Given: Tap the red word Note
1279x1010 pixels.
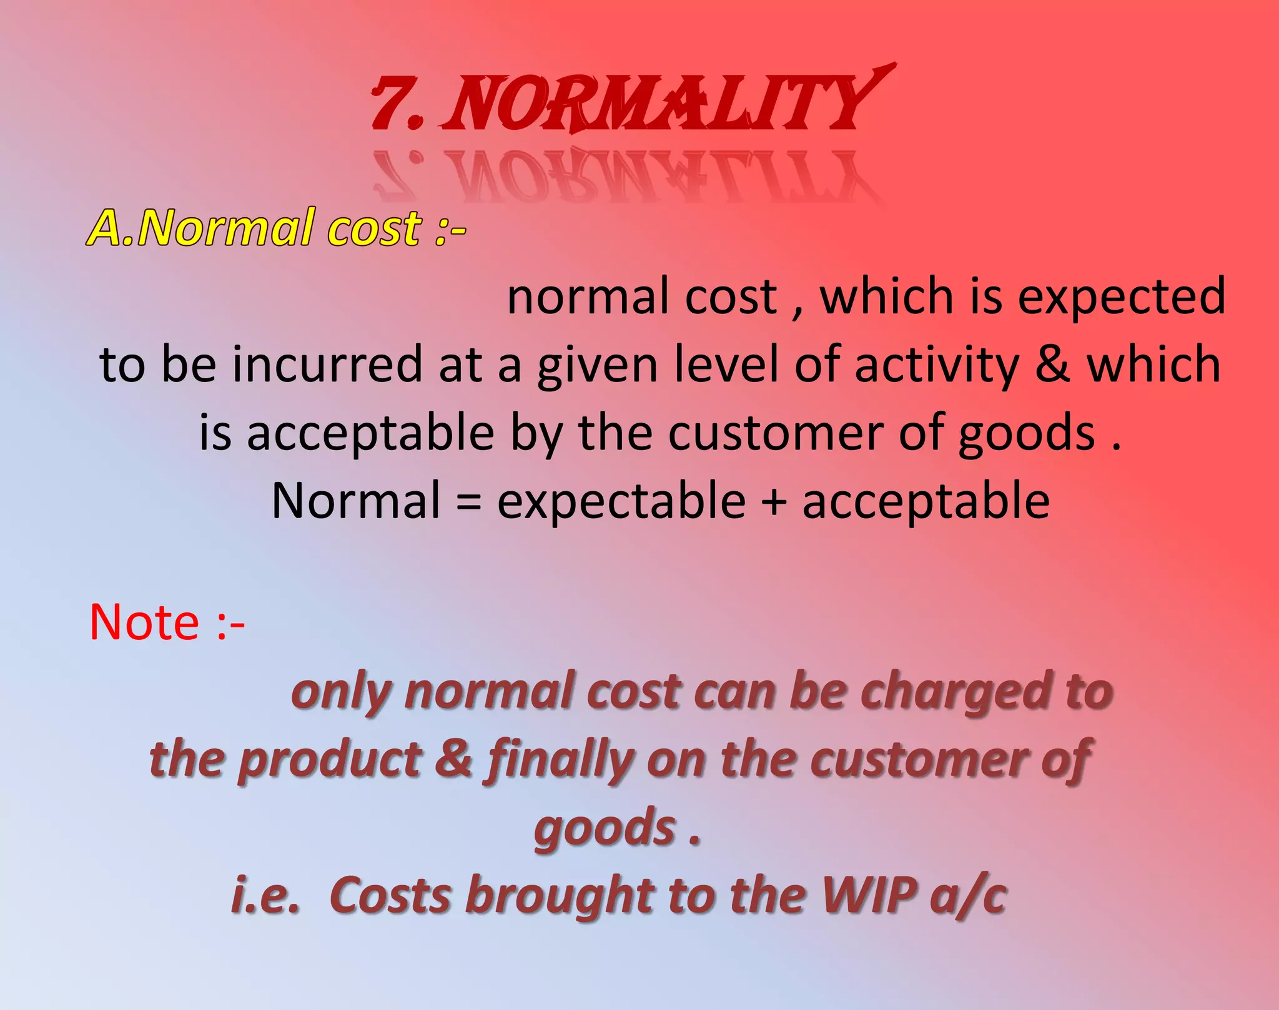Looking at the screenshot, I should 144,622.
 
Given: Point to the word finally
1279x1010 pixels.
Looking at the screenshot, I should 559,761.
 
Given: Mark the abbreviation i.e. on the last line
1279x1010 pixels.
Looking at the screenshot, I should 265,896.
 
